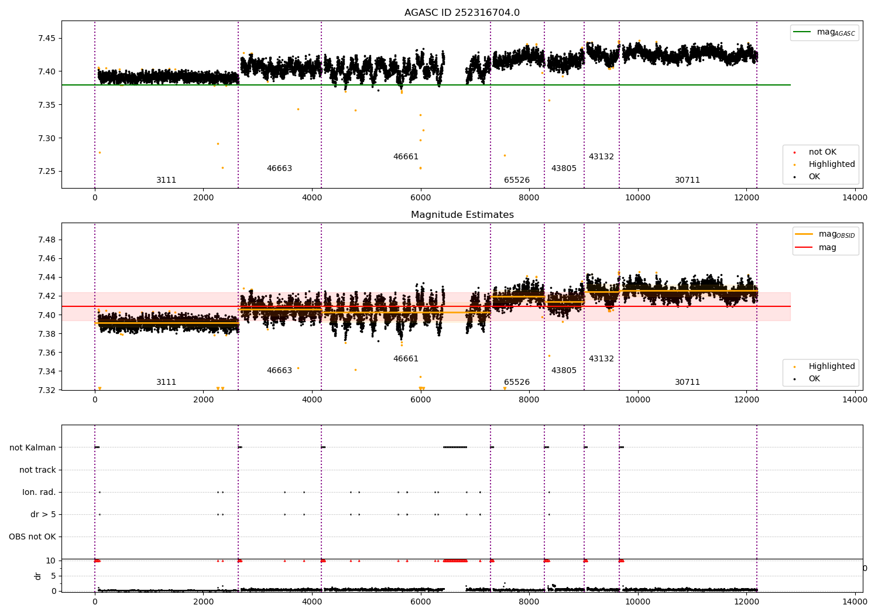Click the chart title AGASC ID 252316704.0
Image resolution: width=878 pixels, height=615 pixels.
[462, 13]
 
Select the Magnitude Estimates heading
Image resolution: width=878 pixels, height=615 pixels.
[462, 215]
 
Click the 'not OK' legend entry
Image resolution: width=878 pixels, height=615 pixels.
[822, 152]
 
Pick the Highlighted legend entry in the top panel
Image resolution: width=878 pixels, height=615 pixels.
[831, 165]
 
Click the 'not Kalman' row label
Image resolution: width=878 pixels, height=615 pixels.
[33, 447]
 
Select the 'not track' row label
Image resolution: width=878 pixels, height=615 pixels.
[37, 470]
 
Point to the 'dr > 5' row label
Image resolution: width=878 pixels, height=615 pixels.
[43, 515]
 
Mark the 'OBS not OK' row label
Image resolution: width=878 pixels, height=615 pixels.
[32, 537]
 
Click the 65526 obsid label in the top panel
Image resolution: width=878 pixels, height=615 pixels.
[517, 180]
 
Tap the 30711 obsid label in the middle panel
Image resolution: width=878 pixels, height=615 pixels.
[687, 382]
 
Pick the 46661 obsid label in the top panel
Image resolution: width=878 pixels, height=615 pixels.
[406, 157]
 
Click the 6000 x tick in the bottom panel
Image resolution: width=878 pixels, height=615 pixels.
[420, 602]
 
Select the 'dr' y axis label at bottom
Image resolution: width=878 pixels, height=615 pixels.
[38, 576]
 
